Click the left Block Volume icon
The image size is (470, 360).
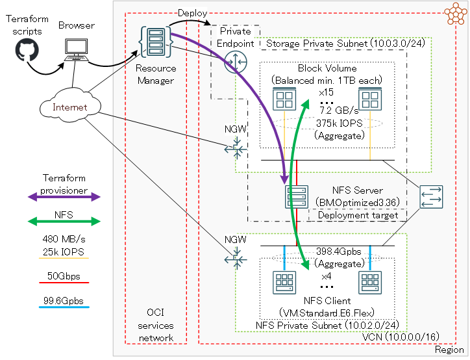(284, 100)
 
